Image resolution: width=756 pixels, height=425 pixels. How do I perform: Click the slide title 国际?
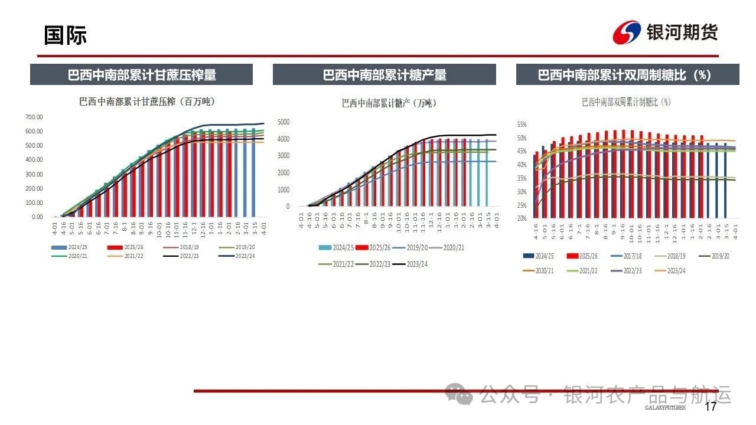point(65,35)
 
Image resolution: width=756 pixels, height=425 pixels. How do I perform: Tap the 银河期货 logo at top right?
point(665,32)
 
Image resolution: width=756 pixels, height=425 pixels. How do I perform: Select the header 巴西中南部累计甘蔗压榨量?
point(142,75)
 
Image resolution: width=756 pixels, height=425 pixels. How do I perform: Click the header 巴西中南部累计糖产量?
point(384,75)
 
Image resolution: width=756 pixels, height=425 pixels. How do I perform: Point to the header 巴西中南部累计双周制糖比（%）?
point(627,75)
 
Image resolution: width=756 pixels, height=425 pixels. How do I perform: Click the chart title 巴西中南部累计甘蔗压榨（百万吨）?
point(147,102)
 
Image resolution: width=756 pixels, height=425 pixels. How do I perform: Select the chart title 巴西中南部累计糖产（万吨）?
point(389,103)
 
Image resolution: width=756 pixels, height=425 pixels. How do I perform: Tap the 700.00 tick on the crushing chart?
point(34,117)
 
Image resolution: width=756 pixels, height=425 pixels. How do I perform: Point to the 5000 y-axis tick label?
point(283,122)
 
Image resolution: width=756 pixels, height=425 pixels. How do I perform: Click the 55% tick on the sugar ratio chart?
point(522,125)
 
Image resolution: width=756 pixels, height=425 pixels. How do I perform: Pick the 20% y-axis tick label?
point(522,218)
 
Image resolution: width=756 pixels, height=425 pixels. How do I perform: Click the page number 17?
point(711,407)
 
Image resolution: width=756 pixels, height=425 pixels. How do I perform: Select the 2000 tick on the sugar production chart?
point(283,173)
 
